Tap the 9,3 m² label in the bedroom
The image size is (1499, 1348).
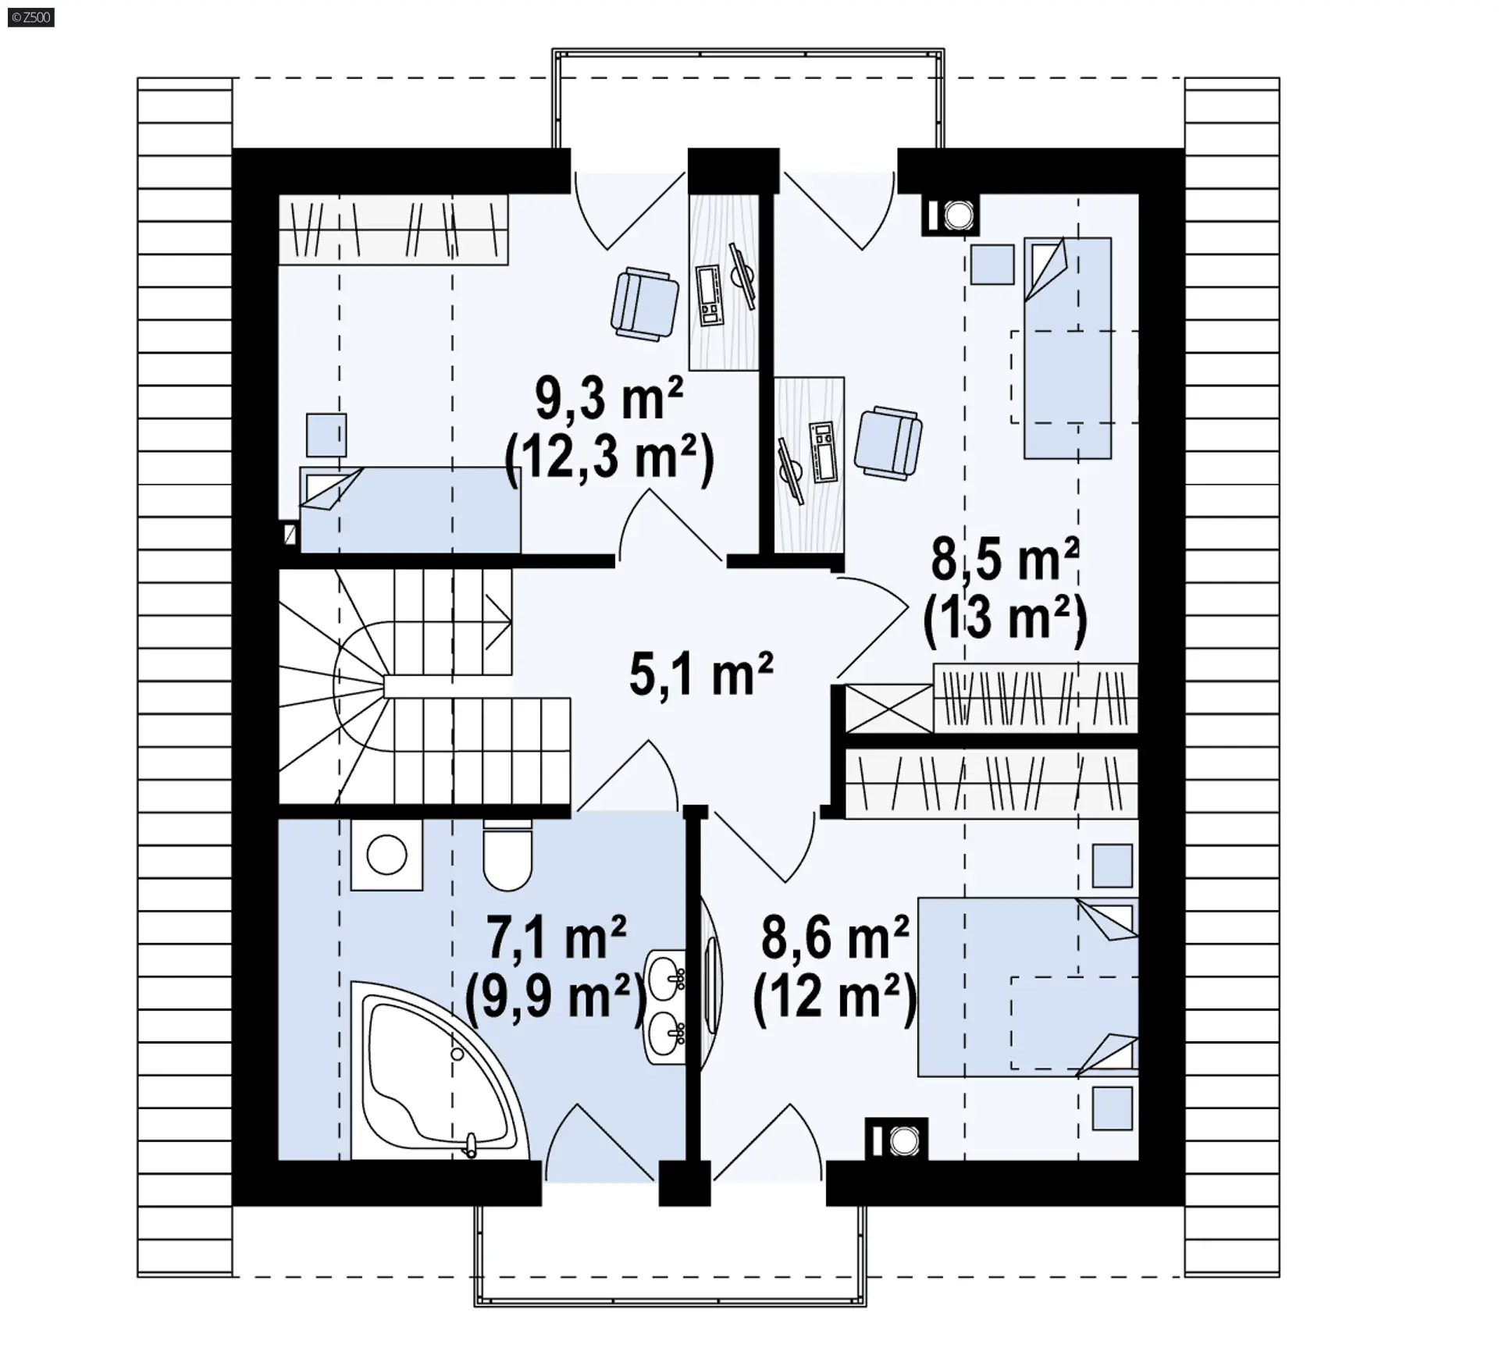(x=610, y=398)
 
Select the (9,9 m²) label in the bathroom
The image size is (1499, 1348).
(x=557, y=997)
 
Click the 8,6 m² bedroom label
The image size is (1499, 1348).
(x=835, y=937)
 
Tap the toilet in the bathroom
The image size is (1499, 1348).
(x=507, y=855)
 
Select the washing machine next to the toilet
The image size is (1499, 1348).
(x=386, y=855)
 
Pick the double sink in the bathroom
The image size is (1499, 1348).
(x=665, y=1007)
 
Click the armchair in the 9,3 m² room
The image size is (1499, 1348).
(x=644, y=304)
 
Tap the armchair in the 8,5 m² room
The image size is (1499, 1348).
(x=888, y=441)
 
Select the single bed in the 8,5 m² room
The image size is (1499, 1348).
(x=1068, y=348)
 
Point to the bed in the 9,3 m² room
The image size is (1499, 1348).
(x=411, y=510)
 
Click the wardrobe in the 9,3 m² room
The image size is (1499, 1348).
(x=393, y=229)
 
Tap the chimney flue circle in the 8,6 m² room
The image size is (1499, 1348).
(x=904, y=1142)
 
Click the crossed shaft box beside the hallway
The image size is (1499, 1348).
(x=889, y=709)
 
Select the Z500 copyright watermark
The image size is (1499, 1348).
(x=31, y=17)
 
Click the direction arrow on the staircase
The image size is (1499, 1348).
(x=498, y=621)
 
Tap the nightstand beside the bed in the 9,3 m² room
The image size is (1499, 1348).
(x=326, y=435)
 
